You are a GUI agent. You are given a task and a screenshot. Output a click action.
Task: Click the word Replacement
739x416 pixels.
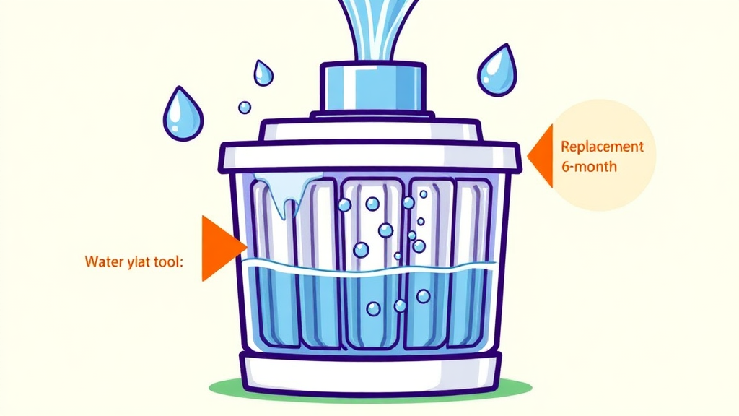pyautogui.click(x=601, y=147)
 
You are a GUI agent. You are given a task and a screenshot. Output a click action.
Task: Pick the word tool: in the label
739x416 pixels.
pyautogui.click(x=168, y=261)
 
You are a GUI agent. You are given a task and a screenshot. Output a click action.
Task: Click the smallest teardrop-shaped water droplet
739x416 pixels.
pyautogui.click(x=263, y=72)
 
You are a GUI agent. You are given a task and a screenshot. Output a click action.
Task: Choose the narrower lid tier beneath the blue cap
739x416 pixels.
pyautogui.click(x=369, y=130)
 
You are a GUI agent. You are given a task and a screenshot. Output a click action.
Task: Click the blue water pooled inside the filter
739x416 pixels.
pyautogui.click(x=369, y=303)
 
